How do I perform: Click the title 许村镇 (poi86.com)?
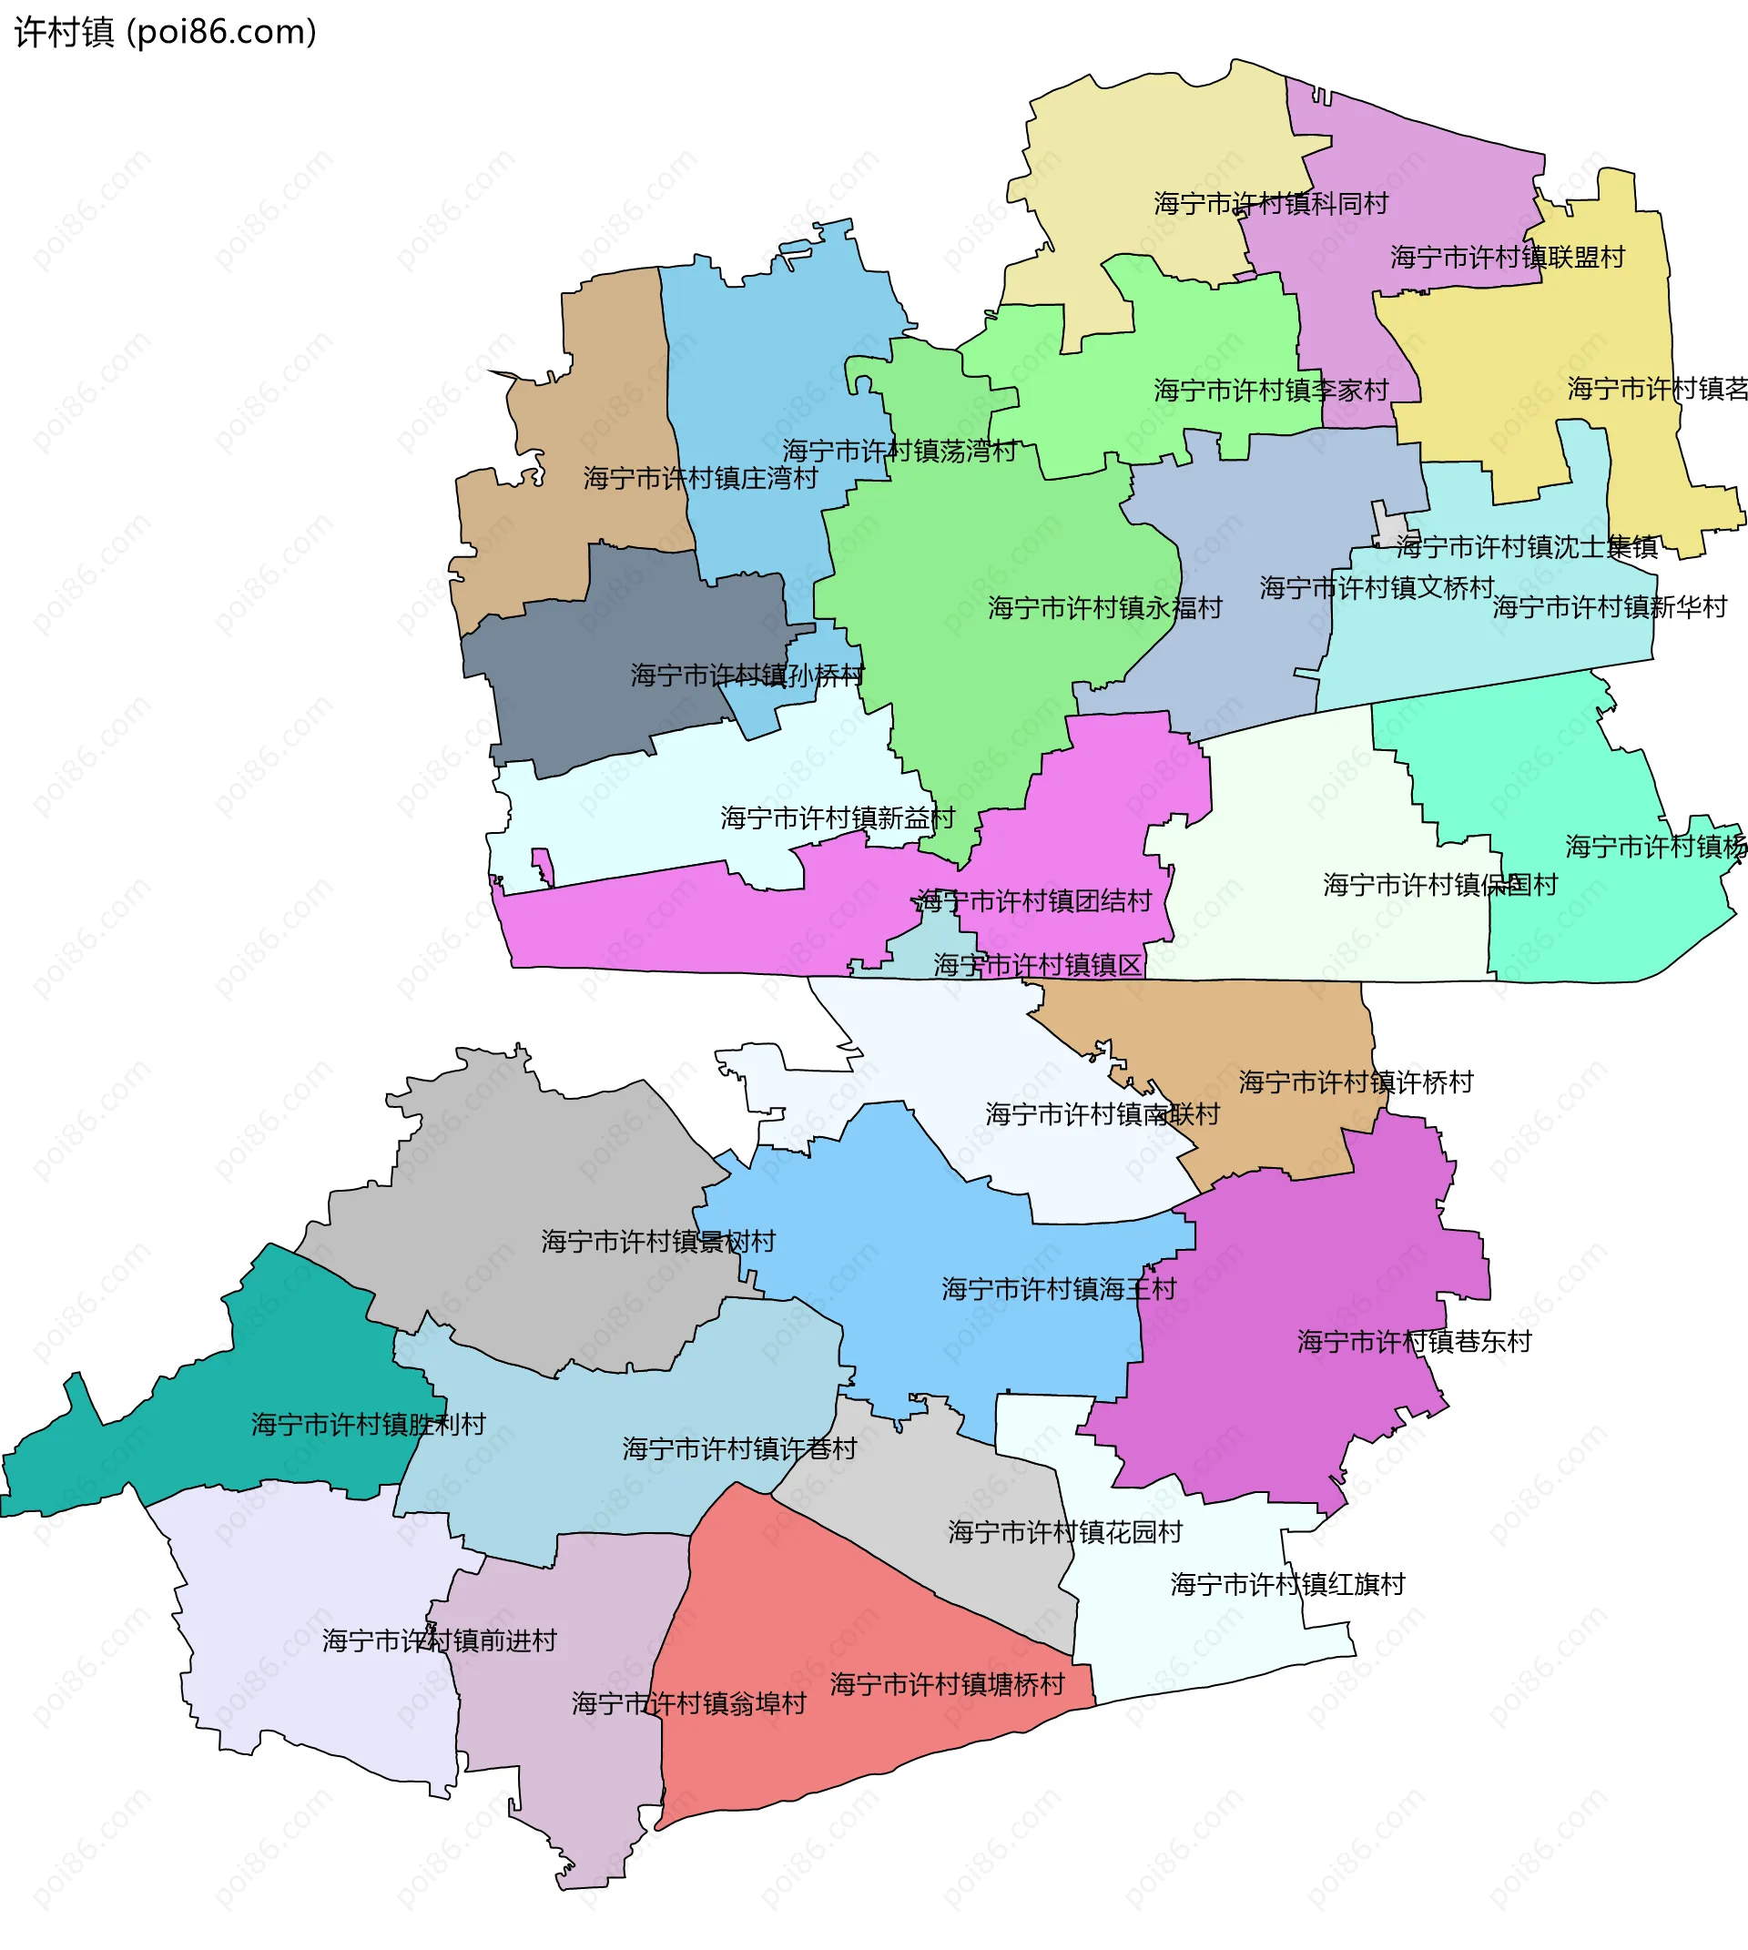165,33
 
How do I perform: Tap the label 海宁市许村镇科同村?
1270,204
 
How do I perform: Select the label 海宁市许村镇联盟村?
1506,258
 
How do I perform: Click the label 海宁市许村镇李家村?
1270,390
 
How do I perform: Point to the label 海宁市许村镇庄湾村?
700,478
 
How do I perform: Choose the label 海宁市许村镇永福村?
1104,608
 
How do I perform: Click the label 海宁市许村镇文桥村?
1377,588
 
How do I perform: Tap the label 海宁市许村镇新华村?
1609,607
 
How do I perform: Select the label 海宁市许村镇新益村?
837,818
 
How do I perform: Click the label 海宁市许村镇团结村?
1033,901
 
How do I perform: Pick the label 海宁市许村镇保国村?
1438,885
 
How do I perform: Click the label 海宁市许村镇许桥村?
1356,1082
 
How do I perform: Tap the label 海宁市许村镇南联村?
1102,1114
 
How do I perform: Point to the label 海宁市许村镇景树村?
657,1242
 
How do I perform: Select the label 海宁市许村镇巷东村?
1414,1342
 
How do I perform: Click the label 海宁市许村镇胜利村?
368,1425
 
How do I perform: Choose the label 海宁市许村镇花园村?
1064,1532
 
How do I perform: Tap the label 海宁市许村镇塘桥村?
947,1684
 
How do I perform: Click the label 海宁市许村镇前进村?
439,1640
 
